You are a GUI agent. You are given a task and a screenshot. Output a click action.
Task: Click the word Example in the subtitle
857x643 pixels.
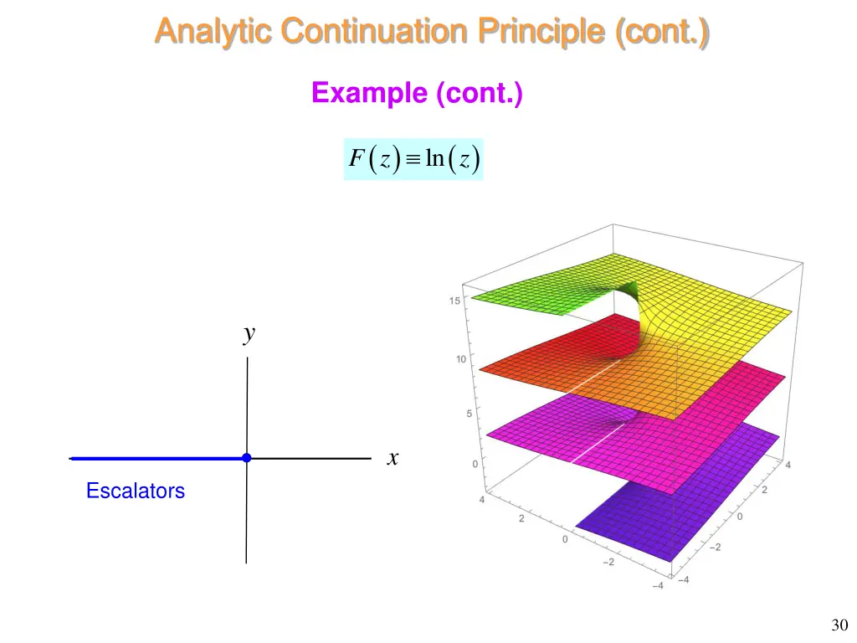click(369, 93)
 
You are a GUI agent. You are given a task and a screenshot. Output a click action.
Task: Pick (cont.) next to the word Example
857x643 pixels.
click(479, 93)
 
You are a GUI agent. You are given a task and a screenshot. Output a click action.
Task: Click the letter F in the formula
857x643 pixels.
click(356, 159)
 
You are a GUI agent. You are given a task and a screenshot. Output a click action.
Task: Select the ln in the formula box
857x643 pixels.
click(434, 158)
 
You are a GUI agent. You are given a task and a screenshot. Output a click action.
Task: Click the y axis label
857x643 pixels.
click(249, 335)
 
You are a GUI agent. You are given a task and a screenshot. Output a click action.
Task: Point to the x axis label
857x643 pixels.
click(393, 458)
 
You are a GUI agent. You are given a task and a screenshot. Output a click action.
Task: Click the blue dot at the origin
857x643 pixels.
click(246, 458)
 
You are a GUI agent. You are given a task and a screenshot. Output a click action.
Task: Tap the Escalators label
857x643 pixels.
click(136, 491)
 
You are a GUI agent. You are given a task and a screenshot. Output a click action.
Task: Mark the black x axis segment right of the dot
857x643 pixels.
click(310, 459)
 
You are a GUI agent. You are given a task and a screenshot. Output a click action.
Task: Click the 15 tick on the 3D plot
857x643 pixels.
click(454, 301)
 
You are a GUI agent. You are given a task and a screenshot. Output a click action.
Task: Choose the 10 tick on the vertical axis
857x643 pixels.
click(460, 360)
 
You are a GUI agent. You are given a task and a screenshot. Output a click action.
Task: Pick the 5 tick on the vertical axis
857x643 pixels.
click(467, 414)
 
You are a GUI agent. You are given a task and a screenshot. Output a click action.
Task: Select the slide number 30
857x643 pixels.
click(839, 625)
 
